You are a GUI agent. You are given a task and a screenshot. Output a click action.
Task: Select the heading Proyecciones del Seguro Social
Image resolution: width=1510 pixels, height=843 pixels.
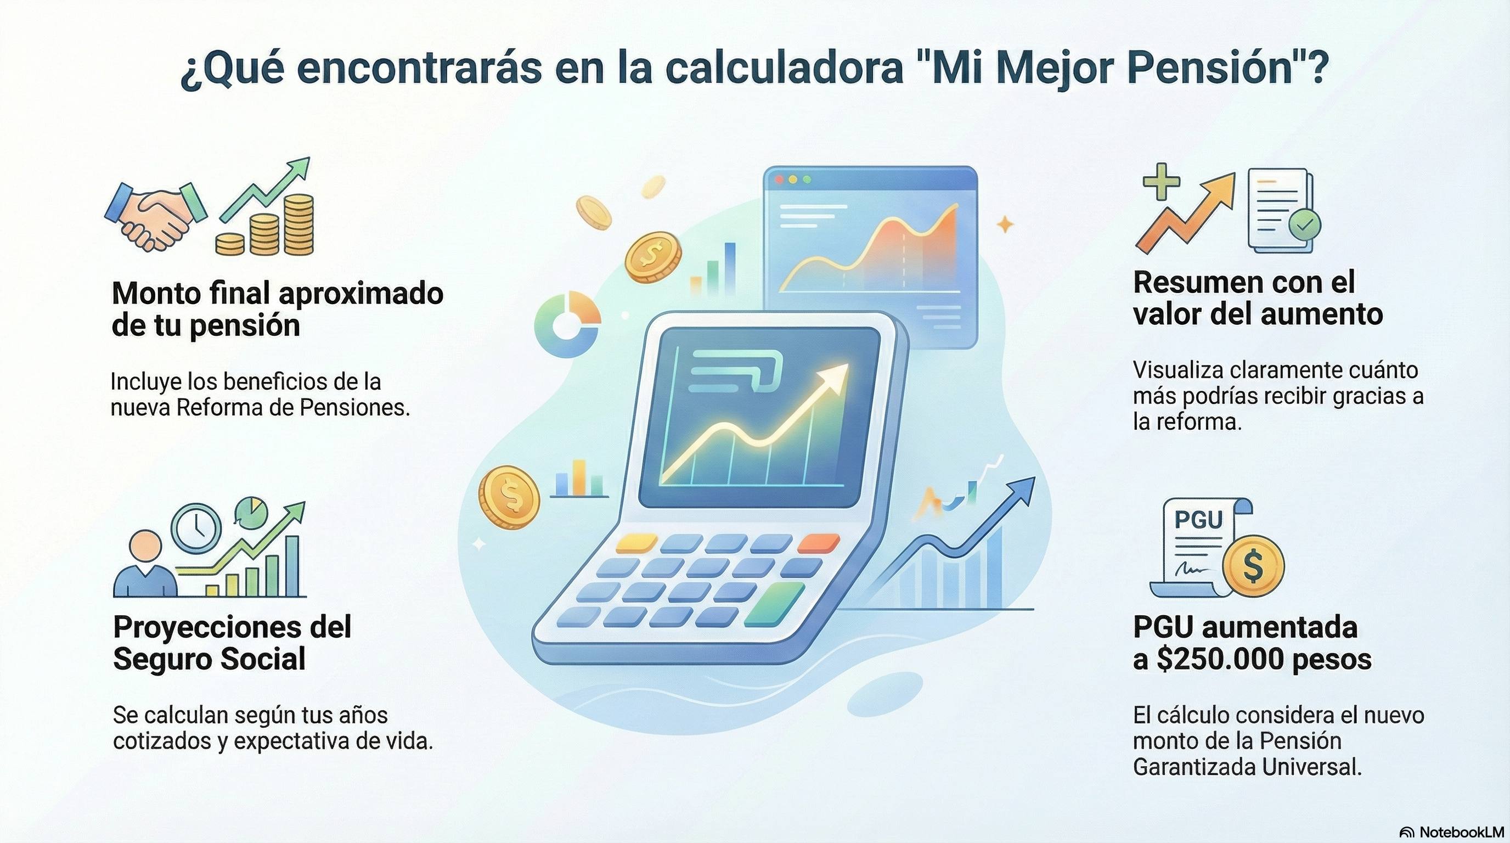coord(232,643)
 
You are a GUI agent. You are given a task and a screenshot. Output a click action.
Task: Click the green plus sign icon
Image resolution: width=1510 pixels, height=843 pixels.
coord(1161,182)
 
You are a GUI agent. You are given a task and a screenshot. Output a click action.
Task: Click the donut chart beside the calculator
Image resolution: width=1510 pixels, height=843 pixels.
coord(567,326)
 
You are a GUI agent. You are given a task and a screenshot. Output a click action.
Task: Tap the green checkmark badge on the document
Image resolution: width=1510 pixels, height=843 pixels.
coord(1304,223)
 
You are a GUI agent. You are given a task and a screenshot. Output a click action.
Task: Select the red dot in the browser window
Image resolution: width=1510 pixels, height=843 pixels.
coord(779,179)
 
